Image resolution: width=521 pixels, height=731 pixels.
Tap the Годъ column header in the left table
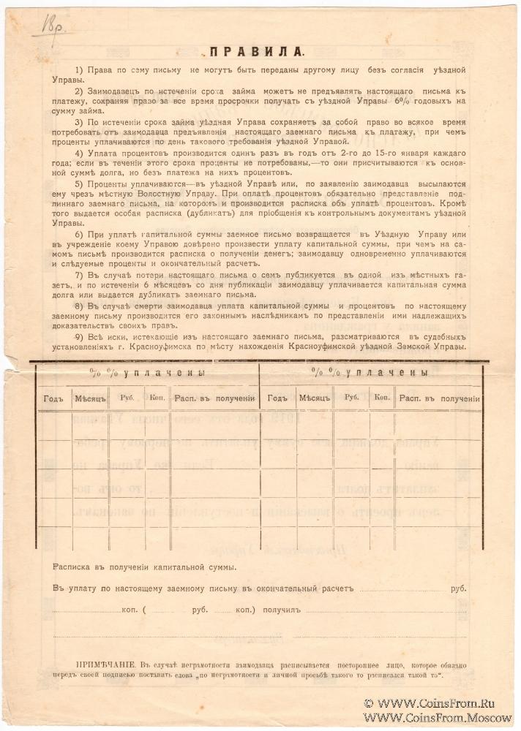tap(53, 398)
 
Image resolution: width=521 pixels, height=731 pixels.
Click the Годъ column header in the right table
tap(277, 398)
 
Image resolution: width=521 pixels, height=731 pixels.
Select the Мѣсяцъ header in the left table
tap(90, 398)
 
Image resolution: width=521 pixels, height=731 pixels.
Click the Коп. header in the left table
tap(157, 398)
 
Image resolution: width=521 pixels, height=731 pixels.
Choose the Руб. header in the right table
tap(351, 398)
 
